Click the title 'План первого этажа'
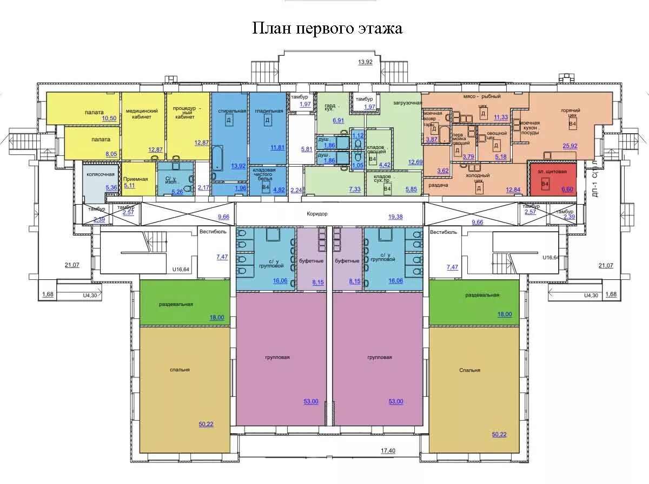pyautogui.click(x=327, y=28)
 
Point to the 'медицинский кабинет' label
pyautogui.click(x=142, y=114)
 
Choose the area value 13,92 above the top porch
pyautogui.click(x=366, y=62)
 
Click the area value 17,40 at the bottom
pyautogui.click(x=388, y=450)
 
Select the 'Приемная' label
pyautogui.click(x=136, y=178)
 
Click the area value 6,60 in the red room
pyautogui.click(x=567, y=189)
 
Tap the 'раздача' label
pyautogui.click(x=438, y=185)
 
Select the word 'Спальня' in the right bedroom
pyautogui.click(x=469, y=370)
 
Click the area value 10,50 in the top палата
pyautogui.click(x=109, y=118)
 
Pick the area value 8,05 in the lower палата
pyautogui.click(x=111, y=154)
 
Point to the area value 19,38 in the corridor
pyautogui.click(x=395, y=217)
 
